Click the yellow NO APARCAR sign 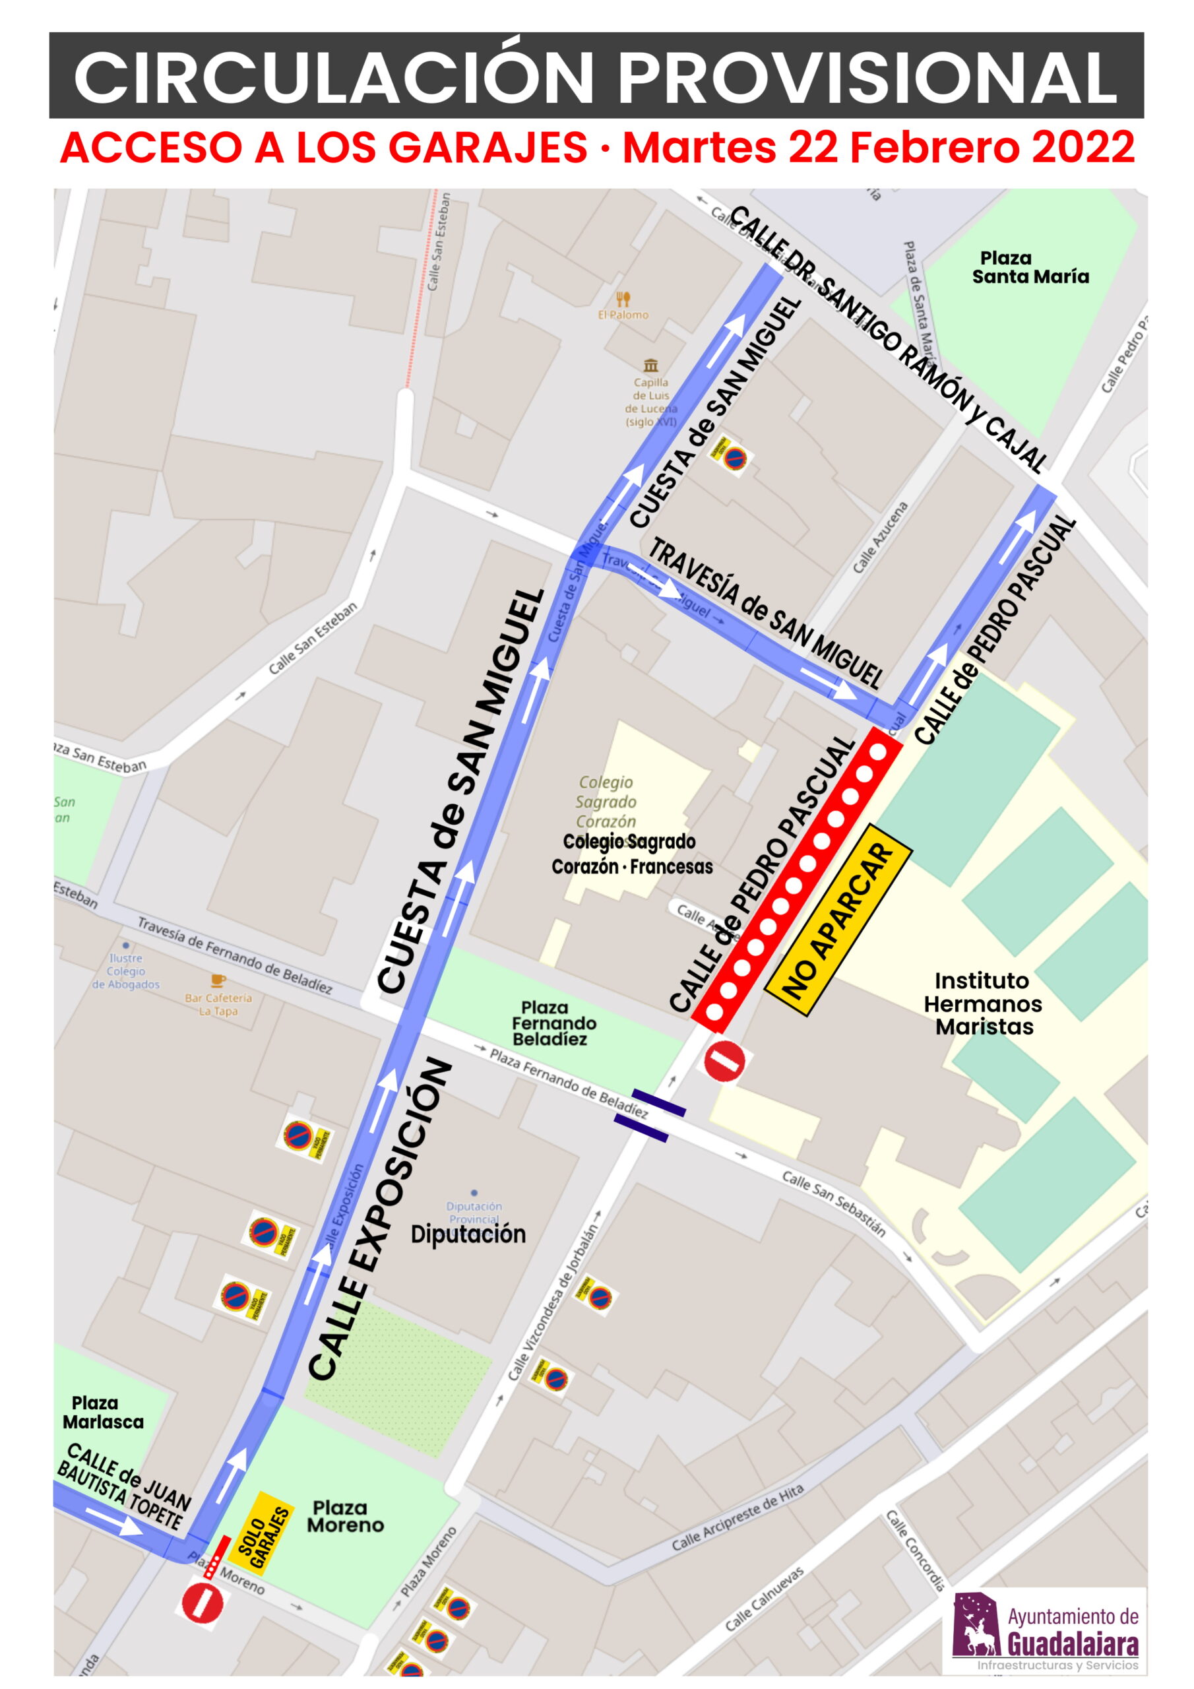pos(838,920)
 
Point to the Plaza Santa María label pos(1029,267)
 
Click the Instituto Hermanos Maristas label pos(983,1004)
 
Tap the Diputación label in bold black pos(468,1234)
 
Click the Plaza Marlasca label pos(102,1413)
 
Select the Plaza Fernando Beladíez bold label pos(553,1023)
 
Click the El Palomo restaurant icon pos(623,299)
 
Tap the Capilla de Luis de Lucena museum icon pos(650,365)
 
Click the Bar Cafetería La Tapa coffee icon pos(218,980)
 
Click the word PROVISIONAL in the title pos(868,77)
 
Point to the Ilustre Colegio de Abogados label pos(125,971)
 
